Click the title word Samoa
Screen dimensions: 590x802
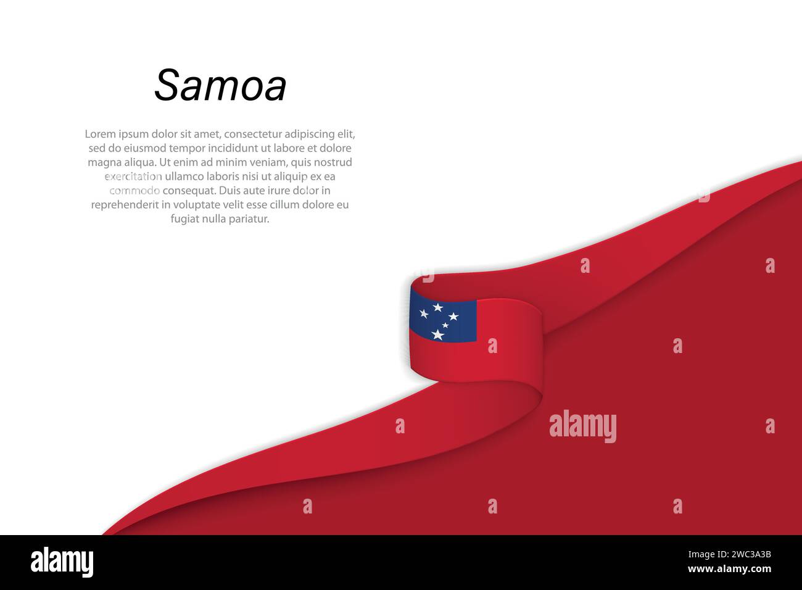click(x=220, y=85)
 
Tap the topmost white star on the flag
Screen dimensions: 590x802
click(x=438, y=307)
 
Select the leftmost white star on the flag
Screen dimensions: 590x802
click(x=424, y=314)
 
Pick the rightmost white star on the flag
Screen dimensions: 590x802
click(x=453, y=317)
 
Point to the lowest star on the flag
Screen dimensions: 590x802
click(x=437, y=334)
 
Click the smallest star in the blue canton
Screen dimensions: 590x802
click(x=445, y=325)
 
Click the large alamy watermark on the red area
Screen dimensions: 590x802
click(x=582, y=426)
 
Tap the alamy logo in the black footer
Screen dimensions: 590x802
click(x=62, y=562)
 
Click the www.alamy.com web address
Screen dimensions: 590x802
click(x=729, y=569)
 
